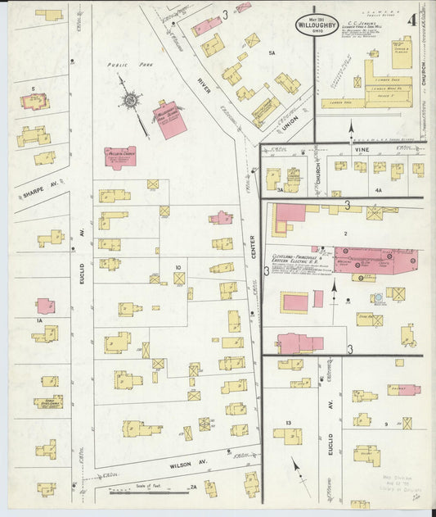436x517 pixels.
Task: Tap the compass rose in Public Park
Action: [130, 101]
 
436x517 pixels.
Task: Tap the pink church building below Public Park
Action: [120, 156]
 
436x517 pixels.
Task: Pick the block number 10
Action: [177, 267]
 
